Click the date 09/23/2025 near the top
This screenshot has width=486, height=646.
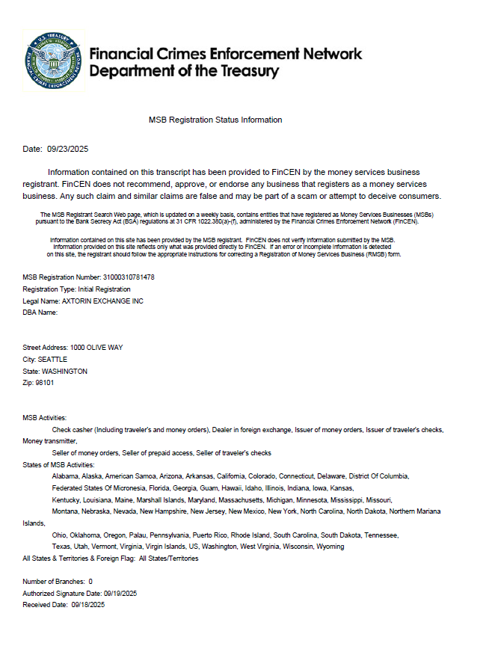pos(68,149)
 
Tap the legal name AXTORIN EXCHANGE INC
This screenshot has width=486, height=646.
pos(102,301)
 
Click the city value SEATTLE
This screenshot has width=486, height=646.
pos(52,359)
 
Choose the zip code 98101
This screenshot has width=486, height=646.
pos(44,382)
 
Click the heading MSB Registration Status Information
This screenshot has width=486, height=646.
pos(215,120)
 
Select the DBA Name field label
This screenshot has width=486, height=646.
pos(40,313)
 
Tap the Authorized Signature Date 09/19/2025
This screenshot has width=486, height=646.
pos(111,593)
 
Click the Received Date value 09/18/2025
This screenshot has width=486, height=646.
pos(88,604)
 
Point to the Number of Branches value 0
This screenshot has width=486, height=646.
pos(90,581)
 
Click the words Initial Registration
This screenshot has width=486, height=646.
pos(104,289)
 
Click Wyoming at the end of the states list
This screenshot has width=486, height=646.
pos(330,547)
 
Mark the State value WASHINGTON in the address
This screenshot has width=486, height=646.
pos(64,371)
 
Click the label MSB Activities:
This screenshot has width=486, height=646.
pos(45,417)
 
